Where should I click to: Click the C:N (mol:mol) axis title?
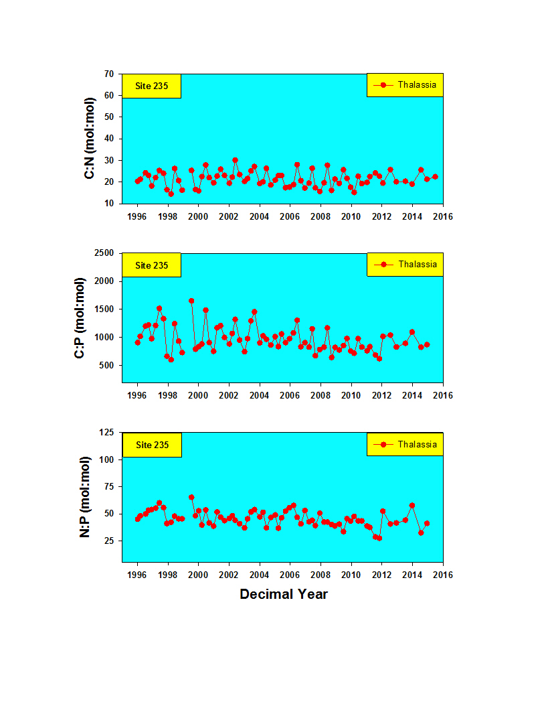coord(90,138)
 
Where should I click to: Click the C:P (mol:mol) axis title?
coord(80,318)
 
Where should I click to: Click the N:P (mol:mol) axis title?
coord(84,497)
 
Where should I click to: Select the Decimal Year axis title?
coord(284,594)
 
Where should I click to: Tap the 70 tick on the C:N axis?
coord(109,74)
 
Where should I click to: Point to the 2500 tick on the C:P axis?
coord(104,253)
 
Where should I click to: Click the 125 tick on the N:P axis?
coord(106,432)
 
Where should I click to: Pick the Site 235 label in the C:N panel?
coord(152,86)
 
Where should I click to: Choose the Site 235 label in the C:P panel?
coord(152,266)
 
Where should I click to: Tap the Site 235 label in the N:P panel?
coord(152,445)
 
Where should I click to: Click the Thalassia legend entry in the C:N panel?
coord(405,84)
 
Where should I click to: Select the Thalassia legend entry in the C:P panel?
coord(405,265)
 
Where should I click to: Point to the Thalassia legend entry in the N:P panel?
coord(405,444)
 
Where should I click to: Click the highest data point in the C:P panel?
coord(191,301)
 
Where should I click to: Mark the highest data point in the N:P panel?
coord(191,497)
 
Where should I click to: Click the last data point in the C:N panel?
coord(435,177)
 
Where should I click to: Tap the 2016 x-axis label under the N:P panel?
coord(443,575)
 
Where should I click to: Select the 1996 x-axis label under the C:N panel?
coord(136,216)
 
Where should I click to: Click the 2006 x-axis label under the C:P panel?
coord(290,395)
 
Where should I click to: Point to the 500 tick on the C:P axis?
coord(106,366)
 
